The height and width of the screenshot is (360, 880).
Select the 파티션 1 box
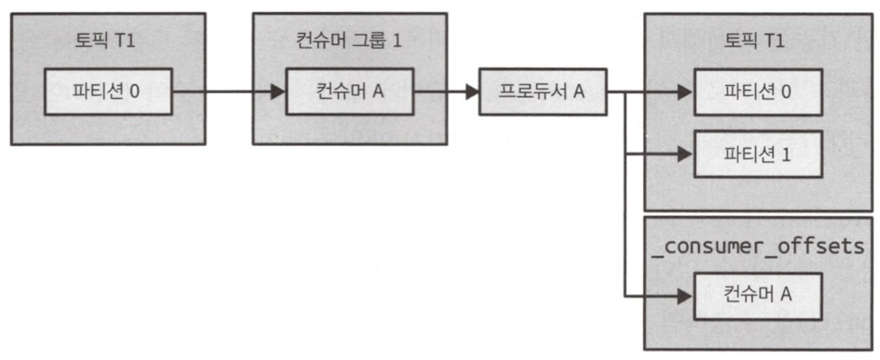(757, 154)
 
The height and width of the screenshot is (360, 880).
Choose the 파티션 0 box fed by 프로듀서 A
(757, 92)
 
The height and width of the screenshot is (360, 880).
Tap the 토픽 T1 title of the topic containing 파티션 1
(755, 41)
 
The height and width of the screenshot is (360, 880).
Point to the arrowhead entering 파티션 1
(685, 154)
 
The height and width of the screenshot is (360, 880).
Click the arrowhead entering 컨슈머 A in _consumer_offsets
(685, 297)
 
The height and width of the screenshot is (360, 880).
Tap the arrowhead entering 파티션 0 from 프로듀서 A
(685, 92)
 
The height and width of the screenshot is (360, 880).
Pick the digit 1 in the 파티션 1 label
(786, 155)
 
